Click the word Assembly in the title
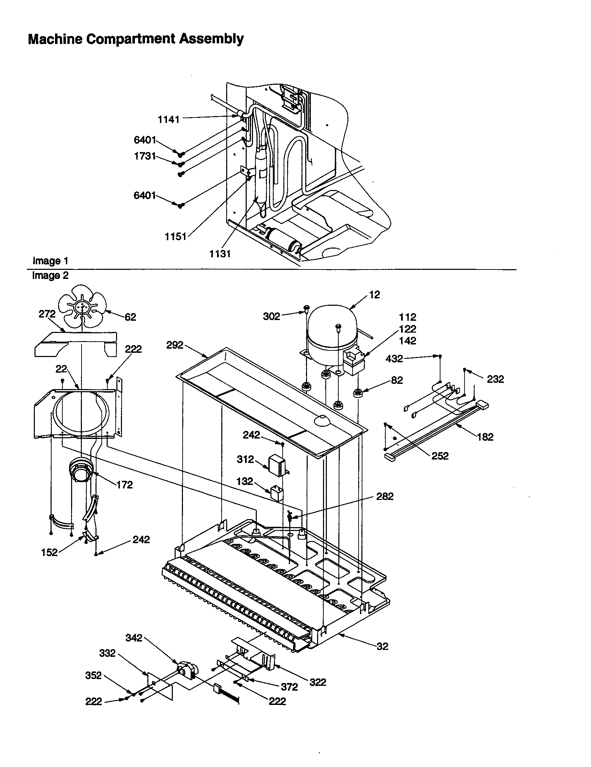[x=211, y=39]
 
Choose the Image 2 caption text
[x=50, y=276]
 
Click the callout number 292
[x=175, y=345]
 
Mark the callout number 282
[x=385, y=496]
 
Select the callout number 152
[x=49, y=553]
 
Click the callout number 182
[x=485, y=437]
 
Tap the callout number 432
[x=394, y=358]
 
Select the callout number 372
[x=289, y=687]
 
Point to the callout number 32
[x=383, y=646]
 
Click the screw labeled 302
[x=306, y=309]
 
